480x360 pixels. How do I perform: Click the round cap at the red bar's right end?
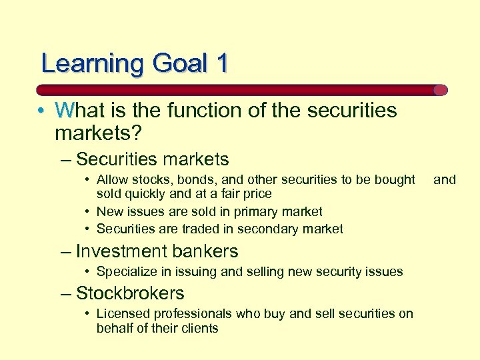[440, 90]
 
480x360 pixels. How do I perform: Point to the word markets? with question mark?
[98, 133]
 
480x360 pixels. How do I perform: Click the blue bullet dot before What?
[41, 111]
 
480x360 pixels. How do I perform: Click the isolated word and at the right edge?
[445, 179]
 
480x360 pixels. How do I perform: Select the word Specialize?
[126, 271]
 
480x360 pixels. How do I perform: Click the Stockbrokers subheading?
[130, 293]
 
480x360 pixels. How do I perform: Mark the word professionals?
[189, 313]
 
